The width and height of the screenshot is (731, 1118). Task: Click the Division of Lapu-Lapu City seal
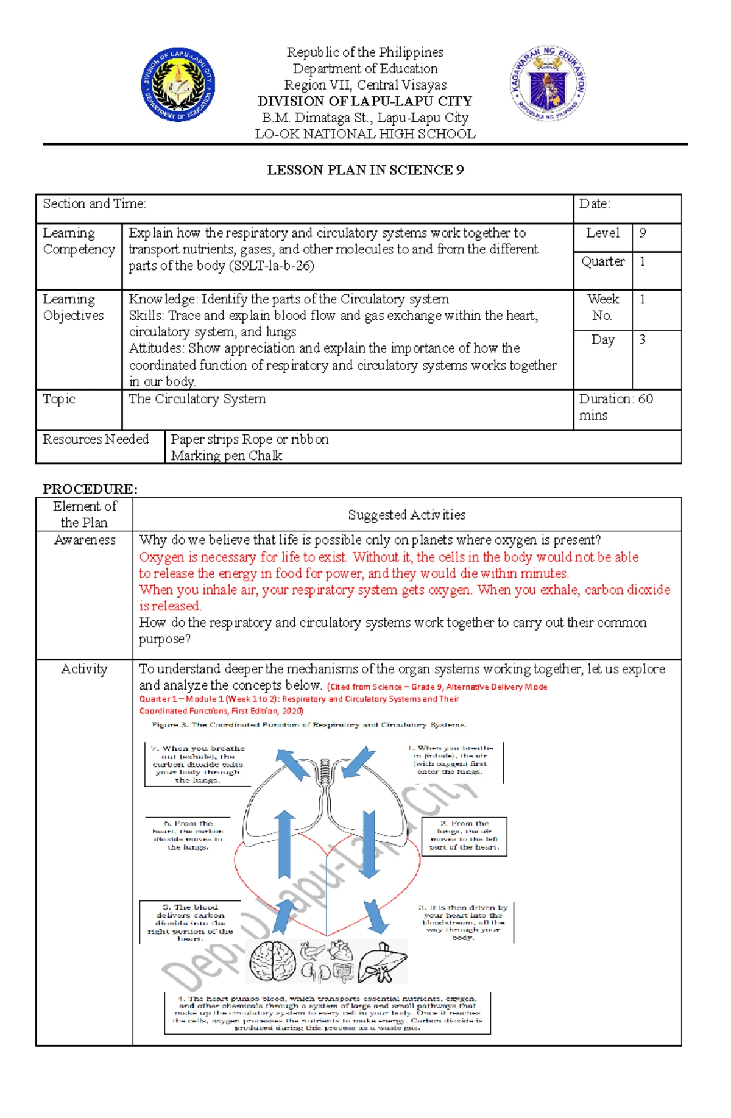(x=178, y=85)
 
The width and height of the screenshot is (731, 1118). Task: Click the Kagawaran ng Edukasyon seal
(x=548, y=85)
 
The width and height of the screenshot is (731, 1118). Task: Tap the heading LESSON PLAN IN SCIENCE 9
(x=365, y=170)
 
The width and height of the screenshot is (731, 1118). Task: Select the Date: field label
(x=595, y=204)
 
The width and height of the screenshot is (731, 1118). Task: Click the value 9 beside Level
(x=643, y=233)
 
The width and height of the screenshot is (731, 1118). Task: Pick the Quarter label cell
(x=602, y=261)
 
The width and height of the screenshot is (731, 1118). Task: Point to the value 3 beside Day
(x=642, y=339)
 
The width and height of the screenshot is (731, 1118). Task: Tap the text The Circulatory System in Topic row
(x=197, y=399)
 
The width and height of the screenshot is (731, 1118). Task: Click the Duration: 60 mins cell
(x=615, y=407)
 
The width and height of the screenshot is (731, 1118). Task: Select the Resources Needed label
(x=96, y=439)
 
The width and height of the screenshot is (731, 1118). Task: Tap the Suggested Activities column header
(x=406, y=515)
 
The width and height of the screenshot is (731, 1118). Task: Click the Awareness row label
(x=85, y=540)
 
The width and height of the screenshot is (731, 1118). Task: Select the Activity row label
(x=84, y=669)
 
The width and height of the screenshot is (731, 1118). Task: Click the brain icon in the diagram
(x=273, y=961)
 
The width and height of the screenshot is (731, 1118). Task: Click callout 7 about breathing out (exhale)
(x=197, y=764)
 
